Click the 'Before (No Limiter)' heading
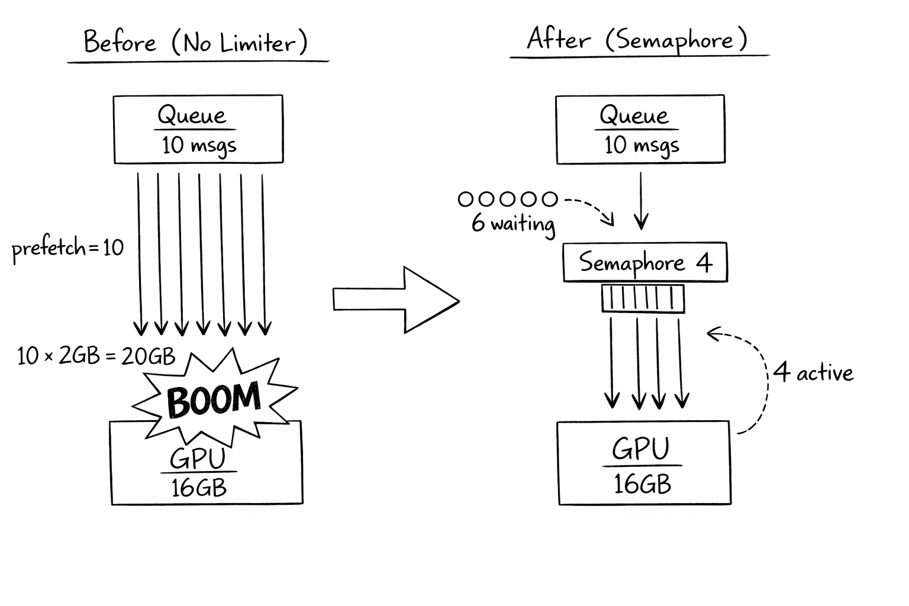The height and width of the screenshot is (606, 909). pyautogui.click(x=196, y=43)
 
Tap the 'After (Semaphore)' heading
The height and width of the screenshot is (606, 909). pyautogui.click(x=637, y=40)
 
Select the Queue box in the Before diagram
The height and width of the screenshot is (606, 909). pyautogui.click(x=198, y=129)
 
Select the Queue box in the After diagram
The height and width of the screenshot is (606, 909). pyautogui.click(x=640, y=129)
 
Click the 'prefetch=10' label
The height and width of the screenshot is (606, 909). pyautogui.click(x=67, y=247)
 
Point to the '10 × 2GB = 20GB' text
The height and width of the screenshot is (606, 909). pyautogui.click(x=96, y=356)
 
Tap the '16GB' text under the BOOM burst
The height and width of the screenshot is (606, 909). pyautogui.click(x=199, y=488)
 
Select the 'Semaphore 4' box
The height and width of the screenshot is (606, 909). pyautogui.click(x=644, y=262)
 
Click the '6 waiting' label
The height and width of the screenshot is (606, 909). pyautogui.click(x=513, y=224)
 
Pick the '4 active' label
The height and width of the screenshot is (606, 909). pyautogui.click(x=813, y=373)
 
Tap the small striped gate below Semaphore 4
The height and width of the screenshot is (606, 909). pyautogui.click(x=643, y=298)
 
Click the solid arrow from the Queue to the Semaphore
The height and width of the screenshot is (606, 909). pyautogui.click(x=641, y=200)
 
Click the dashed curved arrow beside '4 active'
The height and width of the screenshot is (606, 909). pyautogui.click(x=757, y=379)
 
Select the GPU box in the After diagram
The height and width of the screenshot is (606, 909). pyautogui.click(x=644, y=463)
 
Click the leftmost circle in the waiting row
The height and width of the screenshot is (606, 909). pyautogui.click(x=466, y=199)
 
